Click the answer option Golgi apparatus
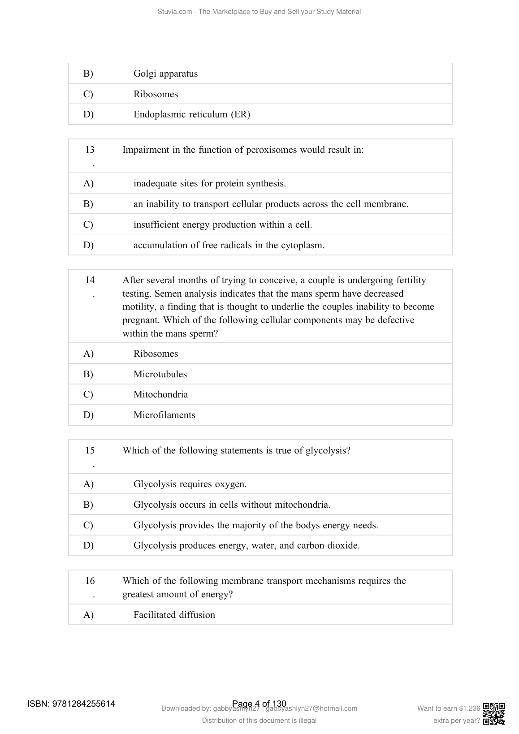tap(165, 74)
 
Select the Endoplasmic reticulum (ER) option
tap(192, 115)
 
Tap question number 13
tap(90, 150)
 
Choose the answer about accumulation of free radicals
tap(229, 246)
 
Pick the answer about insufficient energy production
tap(222, 225)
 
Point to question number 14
tap(90, 281)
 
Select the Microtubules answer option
tap(160, 375)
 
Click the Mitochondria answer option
tap(160, 395)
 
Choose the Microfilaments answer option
tap(164, 415)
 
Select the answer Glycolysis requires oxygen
tap(190, 484)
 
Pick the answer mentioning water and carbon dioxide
tap(247, 546)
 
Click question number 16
tap(90, 581)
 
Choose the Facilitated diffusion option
tap(174, 615)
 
